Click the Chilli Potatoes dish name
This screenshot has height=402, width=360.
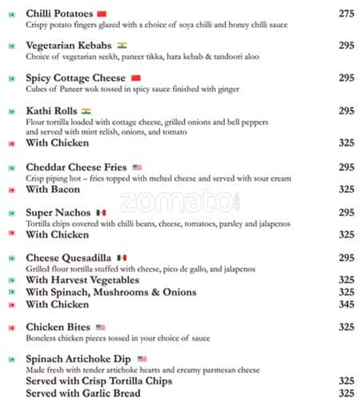pyautogui.click(x=59, y=14)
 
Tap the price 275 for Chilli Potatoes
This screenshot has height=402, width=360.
pyautogui.click(x=346, y=14)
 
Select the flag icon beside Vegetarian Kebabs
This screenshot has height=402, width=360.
pyautogui.click(x=122, y=46)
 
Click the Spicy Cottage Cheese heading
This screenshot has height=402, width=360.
pyautogui.click(x=75, y=78)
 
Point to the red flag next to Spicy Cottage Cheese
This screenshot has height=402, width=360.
pyautogui.click(x=135, y=78)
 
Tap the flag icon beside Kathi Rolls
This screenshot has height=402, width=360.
pyautogui.click(x=86, y=111)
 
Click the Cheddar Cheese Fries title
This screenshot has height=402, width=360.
pyautogui.click(x=77, y=167)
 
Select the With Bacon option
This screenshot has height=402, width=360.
pyautogui.click(x=54, y=190)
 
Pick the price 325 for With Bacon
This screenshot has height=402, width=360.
pyautogui.click(x=346, y=190)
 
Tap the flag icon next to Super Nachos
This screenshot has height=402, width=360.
pyautogui.click(x=101, y=212)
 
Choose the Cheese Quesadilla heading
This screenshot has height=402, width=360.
pyautogui.click(x=69, y=258)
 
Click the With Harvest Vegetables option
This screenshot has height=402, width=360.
pyautogui.click(x=82, y=280)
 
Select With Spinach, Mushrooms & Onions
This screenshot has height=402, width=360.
pyautogui.click(x=110, y=292)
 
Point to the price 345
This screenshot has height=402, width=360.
pyautogui.click(x=346, y=304)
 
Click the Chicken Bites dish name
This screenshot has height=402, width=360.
pyautogui.click(x=58, y=327)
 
